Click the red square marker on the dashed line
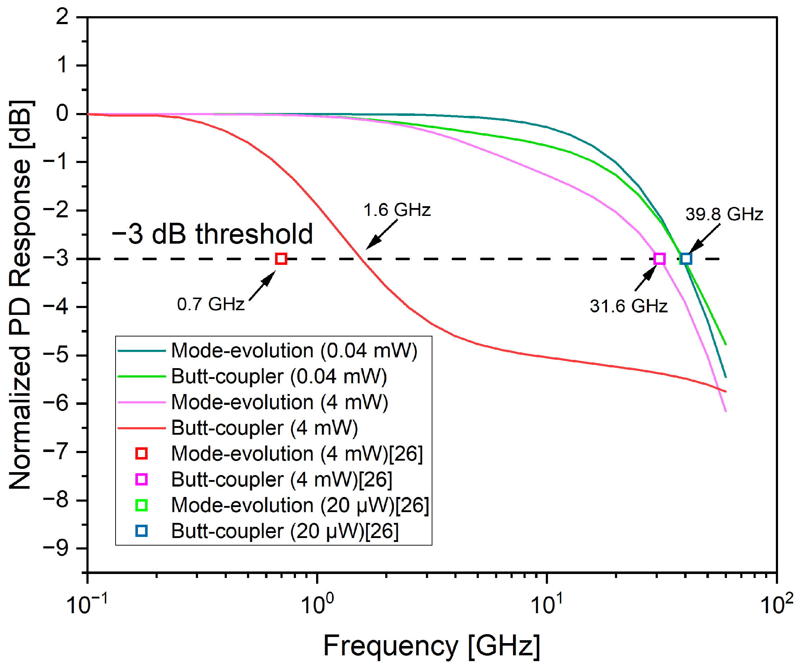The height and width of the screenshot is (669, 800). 281,259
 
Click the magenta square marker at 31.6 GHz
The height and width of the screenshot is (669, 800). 660,259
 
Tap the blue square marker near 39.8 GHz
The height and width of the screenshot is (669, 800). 686,259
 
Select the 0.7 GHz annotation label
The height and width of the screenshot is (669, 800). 211,304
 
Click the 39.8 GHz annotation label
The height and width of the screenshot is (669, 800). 724,214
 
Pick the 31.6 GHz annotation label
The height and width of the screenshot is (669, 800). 629,306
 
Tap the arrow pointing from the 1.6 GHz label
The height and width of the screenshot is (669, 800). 381,235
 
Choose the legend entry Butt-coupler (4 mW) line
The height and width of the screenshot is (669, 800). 264,428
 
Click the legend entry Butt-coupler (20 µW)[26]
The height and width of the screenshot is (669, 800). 284,531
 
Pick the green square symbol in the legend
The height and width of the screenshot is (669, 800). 141,505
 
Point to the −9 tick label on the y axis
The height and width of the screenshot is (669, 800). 56,549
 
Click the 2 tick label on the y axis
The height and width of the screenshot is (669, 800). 62,17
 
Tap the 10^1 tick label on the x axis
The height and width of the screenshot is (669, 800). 547,605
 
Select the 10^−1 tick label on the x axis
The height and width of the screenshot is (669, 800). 87,605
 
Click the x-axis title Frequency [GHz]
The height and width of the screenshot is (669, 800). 432,646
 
